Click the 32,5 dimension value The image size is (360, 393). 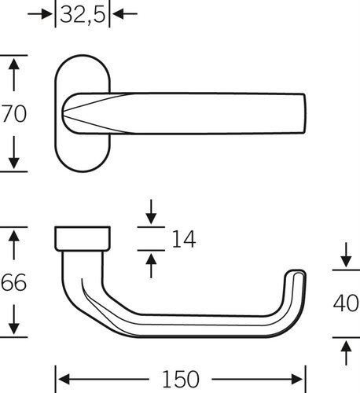coord(83,14)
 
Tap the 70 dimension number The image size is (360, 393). coord(14,113)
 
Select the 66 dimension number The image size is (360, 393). coord(13,282)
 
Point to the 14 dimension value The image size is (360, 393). coord(184,239)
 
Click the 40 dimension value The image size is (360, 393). coord(346,303)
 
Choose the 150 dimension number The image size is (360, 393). coord(181,379)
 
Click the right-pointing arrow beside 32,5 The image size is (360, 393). coord(40,13)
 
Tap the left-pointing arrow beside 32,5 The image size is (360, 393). coord(125,13)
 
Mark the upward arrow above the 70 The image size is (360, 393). coord(13,75)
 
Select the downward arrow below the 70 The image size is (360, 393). coord(13,152)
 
